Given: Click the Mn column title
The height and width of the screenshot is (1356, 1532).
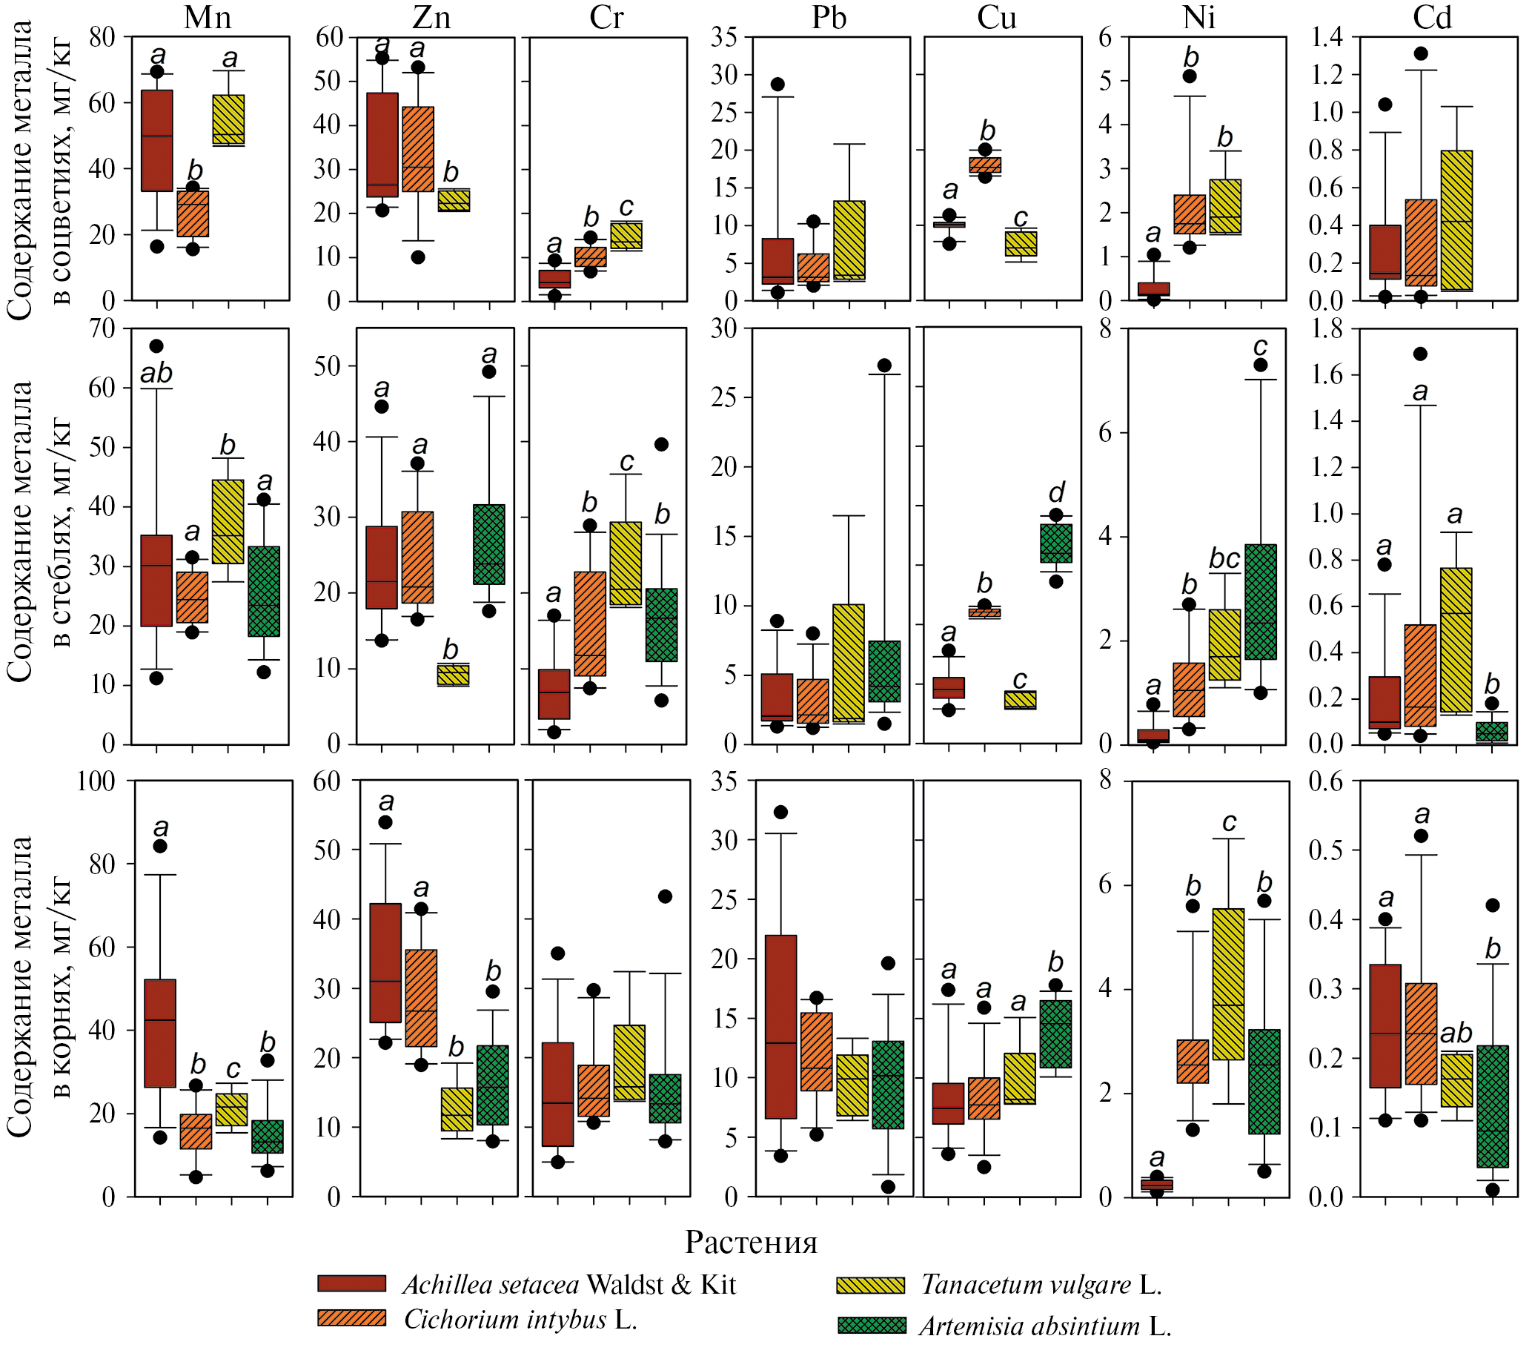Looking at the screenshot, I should [208, 17].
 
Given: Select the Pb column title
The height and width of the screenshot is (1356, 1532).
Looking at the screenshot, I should [829, 17].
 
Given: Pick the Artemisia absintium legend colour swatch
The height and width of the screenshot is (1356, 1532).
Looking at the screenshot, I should [872, 1326].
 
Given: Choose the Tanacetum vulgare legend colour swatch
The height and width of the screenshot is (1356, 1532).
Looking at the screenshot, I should [870, 1285].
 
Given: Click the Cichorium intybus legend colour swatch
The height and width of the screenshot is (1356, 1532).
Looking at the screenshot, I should [351, 1317].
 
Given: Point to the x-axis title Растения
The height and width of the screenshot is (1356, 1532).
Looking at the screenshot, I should [751, 1243].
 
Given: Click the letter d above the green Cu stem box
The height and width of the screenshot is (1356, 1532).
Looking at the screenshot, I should [1056, 492].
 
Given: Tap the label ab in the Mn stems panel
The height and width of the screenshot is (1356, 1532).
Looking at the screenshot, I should [156, 374].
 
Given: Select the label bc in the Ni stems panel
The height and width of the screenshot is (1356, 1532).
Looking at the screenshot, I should [1224, 558].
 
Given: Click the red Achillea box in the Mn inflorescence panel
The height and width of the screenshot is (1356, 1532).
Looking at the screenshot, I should [157, 141].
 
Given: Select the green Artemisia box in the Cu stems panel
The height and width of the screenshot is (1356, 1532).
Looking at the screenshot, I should [1056, 543].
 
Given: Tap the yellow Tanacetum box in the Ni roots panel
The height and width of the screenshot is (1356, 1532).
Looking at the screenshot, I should [1228, 984].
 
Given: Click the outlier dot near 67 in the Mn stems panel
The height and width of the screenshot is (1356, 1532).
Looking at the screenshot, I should [156, 346].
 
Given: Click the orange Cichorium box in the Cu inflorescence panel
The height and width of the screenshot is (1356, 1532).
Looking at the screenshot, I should [985, 165].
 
